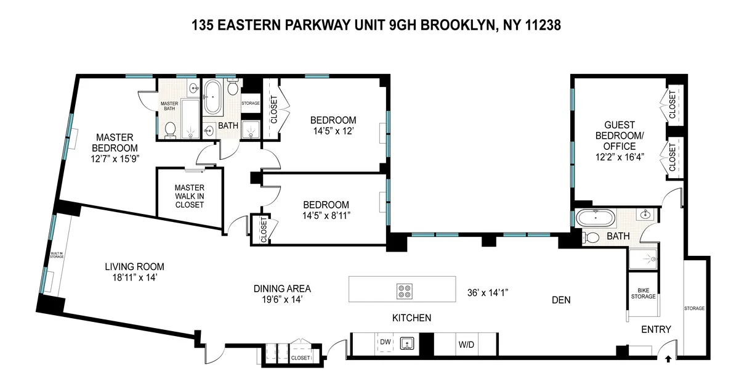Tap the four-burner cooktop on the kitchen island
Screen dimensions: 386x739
click(405, 290)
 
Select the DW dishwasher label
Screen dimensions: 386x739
click(386, 342)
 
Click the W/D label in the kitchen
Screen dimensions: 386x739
click(466, 344)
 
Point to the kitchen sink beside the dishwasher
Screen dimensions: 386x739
click(407, 342)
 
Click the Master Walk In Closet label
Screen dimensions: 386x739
click(189, 196)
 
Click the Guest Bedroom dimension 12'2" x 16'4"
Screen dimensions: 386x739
click(620, 157)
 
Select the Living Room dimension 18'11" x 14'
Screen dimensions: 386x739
click(134, 277)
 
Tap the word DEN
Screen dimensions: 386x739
click(561, 300)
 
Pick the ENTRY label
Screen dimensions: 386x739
click(655, 330)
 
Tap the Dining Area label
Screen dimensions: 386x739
click(282, 288)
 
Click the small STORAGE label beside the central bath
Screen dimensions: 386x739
click(250, 103)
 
